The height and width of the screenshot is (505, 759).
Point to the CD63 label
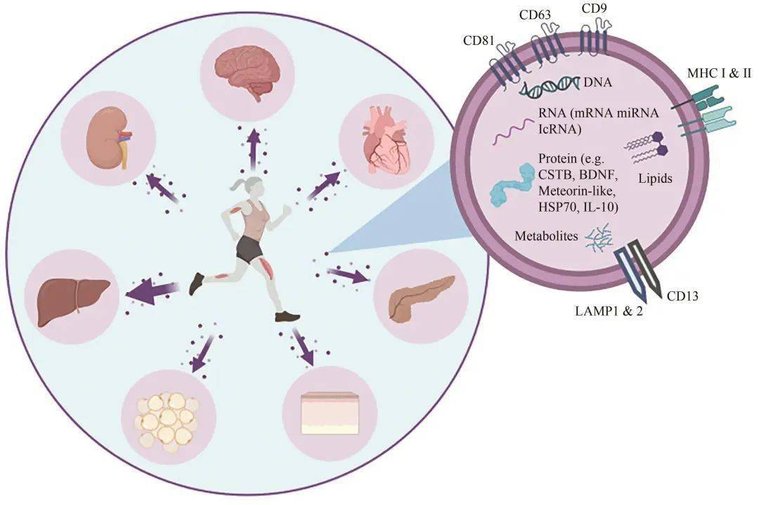pyautogui.click(x=536, y=14)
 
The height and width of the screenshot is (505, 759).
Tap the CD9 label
pyautogui.click(x=594, y=10)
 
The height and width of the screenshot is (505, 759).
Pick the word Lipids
pyautogui.click(x=655, y=179)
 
